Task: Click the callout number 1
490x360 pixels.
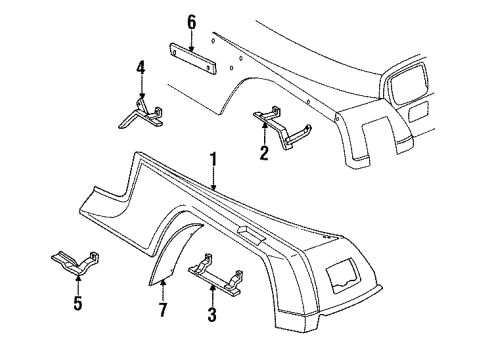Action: [x=212, y=157]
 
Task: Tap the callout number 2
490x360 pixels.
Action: [x=264, y=153]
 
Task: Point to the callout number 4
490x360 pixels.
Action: [x=141, y=68]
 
